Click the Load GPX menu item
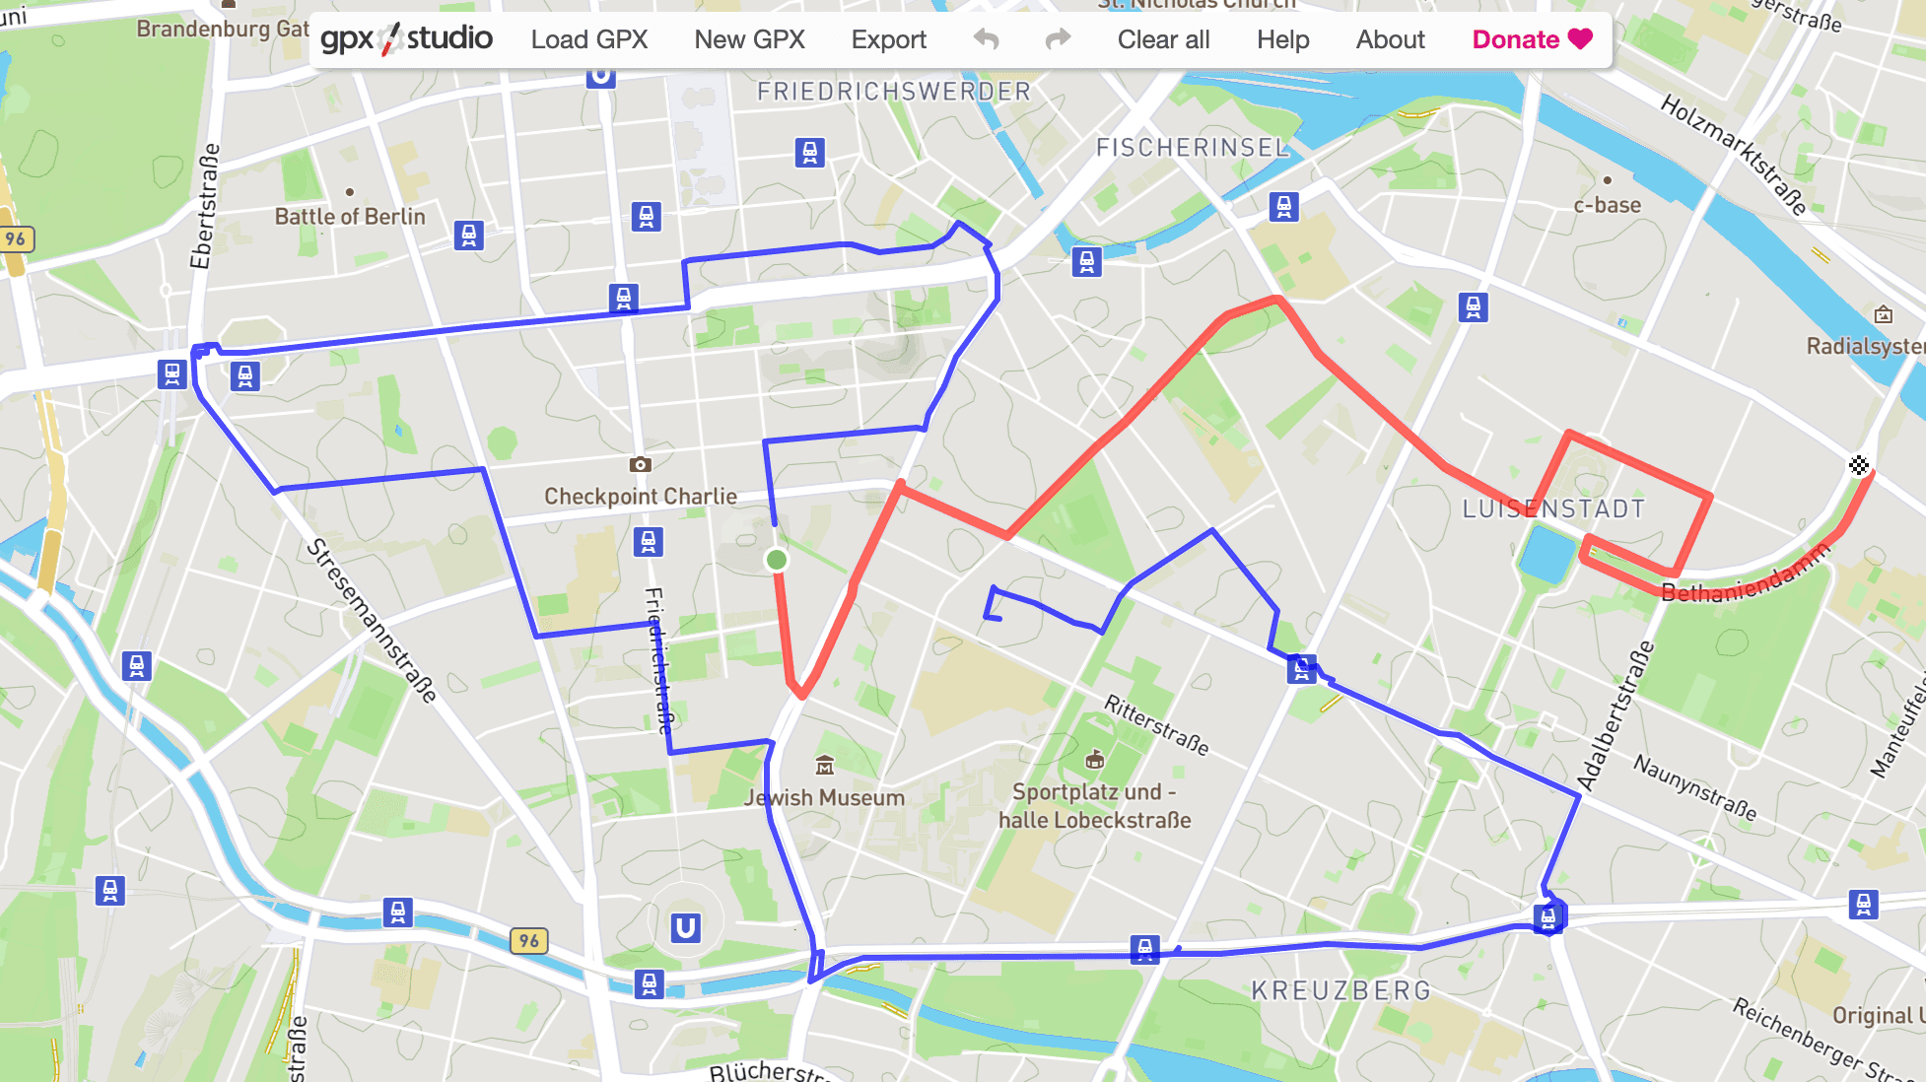[x=588, y=39]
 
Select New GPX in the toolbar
[x=749, y=39]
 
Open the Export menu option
[x=888, y=39]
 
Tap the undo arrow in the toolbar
[x=986, y=39]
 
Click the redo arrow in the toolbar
[x=1058, y=39]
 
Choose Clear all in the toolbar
[x=1163, y=39]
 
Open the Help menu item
[x=1282, y=39]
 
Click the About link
[x=1390, y=39]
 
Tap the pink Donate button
[x=1532, y=39]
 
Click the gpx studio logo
[x=406, y=39]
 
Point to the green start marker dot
[x=777, y=560]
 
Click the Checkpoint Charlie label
[x=641, y=496]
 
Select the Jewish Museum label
[x=824, y=797]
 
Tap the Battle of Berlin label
[x=350, y=217]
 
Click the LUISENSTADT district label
[x=1553, y=508]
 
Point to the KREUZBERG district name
[x=1341, y=990]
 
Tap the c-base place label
[x=1607, y=205]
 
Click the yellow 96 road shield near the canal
[x=529, y=940]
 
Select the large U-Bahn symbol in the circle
[x=685, y=927]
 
